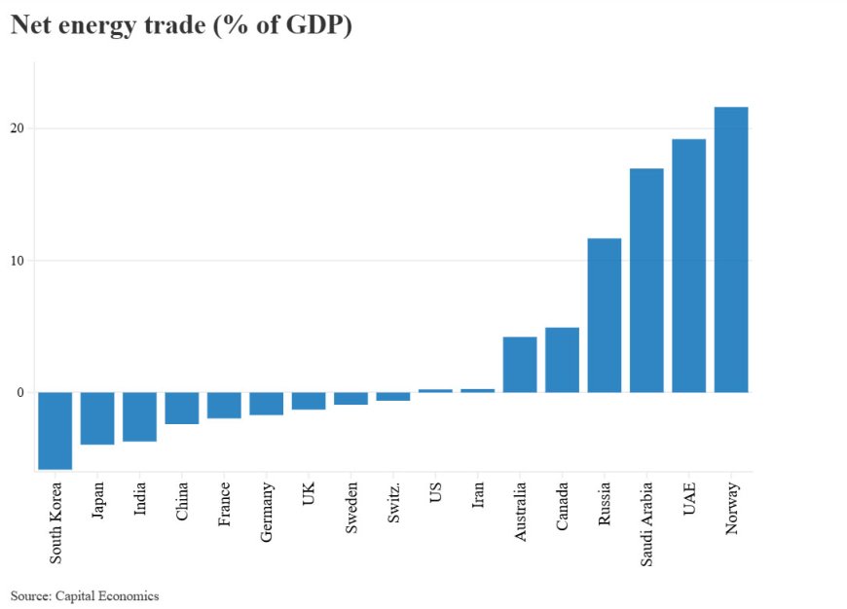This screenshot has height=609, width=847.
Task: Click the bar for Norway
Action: point(731,249)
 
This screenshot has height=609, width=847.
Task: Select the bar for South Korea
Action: point(55,430)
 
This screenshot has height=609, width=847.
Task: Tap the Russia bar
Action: point(605,315)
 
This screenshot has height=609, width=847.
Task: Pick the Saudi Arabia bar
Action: point(646,280)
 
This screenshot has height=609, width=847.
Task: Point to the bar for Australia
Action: point(520,364)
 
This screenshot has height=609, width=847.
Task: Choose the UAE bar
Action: point(688,266)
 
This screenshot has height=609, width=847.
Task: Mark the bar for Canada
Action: point(562,360)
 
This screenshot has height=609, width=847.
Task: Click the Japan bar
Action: point(97,418)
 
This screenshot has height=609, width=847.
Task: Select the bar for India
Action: point(139,416)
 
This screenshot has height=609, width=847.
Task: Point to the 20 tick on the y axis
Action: point(18,128)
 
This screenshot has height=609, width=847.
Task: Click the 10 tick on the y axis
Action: point(18,261)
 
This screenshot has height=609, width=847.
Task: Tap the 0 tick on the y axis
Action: point(20,393)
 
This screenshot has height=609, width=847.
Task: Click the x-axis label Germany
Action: point(268,512)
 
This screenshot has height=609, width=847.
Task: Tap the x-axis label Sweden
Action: point(351,508)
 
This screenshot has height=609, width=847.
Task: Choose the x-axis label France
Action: point(225,505)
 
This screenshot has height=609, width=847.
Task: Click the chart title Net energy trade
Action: point(181,26)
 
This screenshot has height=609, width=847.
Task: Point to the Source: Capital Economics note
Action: point(85,595)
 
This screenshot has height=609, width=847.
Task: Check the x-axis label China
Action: point(183,502)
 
